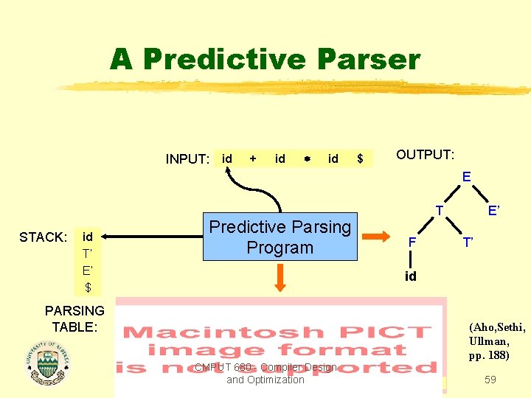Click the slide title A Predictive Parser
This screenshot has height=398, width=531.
coord(265,59)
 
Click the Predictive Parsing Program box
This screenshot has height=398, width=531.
coord(280,237)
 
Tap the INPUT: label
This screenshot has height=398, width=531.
coord(187,159)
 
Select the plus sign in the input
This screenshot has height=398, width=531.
coord(253,158)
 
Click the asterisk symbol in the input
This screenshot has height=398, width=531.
coord(306,159)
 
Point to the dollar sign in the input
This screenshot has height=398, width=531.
coord(360,158)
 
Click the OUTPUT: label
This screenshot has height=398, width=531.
coord(426,155)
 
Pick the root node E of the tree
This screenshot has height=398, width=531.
coord(466,177)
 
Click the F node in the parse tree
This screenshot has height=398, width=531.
coord(413,242)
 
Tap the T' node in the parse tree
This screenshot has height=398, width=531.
coord(468,242)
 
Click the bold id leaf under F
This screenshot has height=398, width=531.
coord(411,276)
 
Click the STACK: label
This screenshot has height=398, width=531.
coord(43,237)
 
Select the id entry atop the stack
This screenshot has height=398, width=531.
coord(88,237)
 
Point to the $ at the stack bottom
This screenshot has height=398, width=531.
coord(88,287)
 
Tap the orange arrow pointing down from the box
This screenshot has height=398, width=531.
coord(281,278)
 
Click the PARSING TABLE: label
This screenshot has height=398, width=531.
coord(74,318)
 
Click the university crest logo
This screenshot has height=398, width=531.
coord(47,363)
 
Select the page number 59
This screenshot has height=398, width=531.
coord(490,380)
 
